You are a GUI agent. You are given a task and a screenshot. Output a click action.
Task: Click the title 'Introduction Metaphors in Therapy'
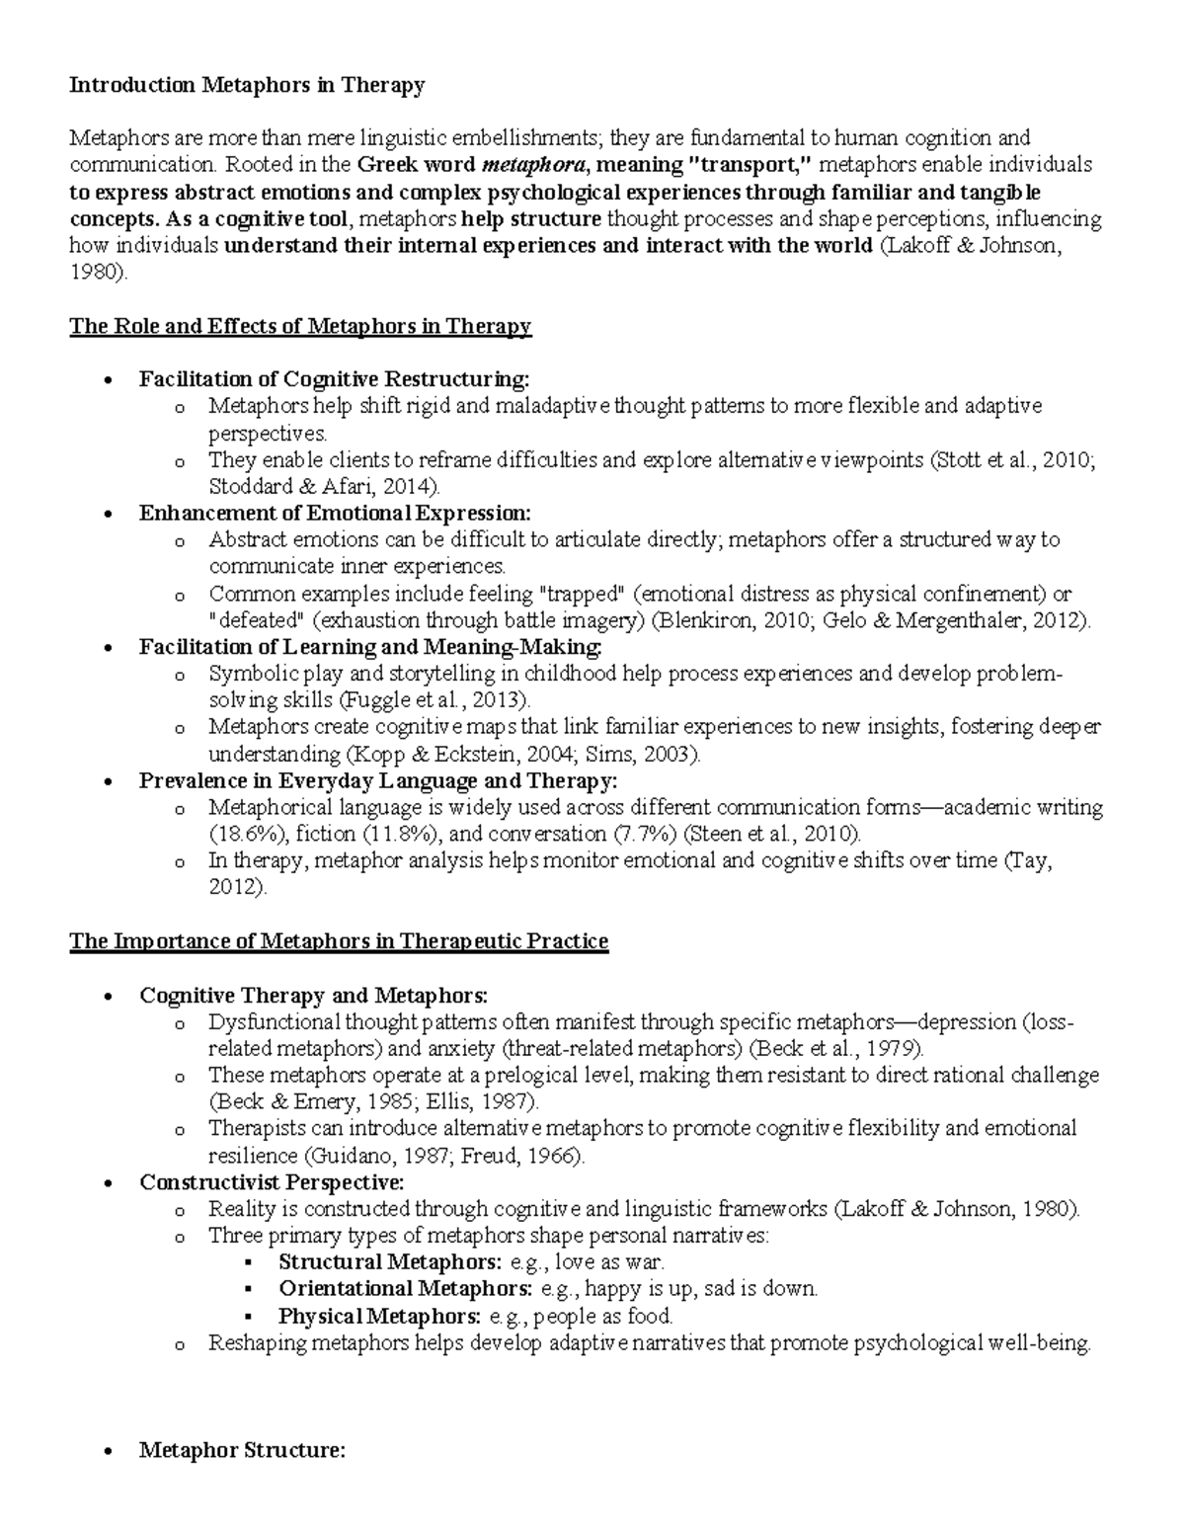click(247, 85)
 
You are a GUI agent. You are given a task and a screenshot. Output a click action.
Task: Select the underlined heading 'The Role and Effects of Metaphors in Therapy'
click(300, 326)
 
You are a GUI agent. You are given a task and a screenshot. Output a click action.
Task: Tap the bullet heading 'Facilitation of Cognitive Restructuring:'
click(334, 379)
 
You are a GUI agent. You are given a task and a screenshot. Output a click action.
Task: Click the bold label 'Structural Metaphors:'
click(389, 1262)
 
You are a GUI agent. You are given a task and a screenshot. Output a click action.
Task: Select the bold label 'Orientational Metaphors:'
click(406, 1289)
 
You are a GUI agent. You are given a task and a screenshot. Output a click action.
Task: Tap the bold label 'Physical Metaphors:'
click(379, 1317)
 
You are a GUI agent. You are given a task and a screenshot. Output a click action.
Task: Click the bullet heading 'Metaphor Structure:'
click(242, 1451)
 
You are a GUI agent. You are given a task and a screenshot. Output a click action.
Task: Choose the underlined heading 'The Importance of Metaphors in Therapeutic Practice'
click(339, 941)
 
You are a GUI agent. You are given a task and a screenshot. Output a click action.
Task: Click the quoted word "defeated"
click(256, 621)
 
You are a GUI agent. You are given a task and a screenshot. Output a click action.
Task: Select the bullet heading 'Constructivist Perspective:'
click(272, 1182)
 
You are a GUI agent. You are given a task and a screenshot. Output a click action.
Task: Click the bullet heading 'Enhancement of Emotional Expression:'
click(335, 514)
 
